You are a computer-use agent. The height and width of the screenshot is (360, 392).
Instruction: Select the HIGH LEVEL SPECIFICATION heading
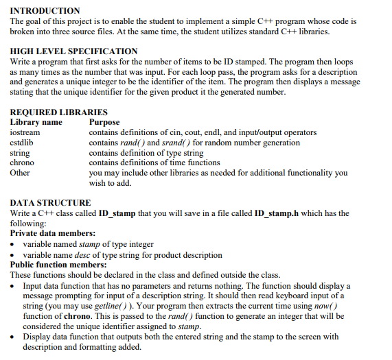pos(74,51)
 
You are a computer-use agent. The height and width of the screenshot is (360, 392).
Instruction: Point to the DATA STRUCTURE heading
pos(51,202)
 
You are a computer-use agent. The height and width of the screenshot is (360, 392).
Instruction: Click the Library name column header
pos(36,122)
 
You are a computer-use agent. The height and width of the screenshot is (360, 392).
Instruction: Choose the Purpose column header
pos(104,122)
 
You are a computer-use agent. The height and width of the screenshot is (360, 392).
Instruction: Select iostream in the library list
pos(25,132)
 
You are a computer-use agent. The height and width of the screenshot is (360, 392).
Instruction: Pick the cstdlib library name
pos(23,143)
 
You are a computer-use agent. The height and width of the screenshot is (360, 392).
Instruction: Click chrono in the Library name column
pos(23,163)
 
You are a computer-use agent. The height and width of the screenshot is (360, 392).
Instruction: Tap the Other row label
pos(20,173)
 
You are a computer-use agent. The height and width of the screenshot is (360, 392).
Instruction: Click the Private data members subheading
pos(53,234)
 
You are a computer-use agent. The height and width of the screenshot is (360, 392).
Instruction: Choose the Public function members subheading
pos(58,264)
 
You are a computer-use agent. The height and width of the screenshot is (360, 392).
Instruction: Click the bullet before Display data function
pos(14,337)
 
